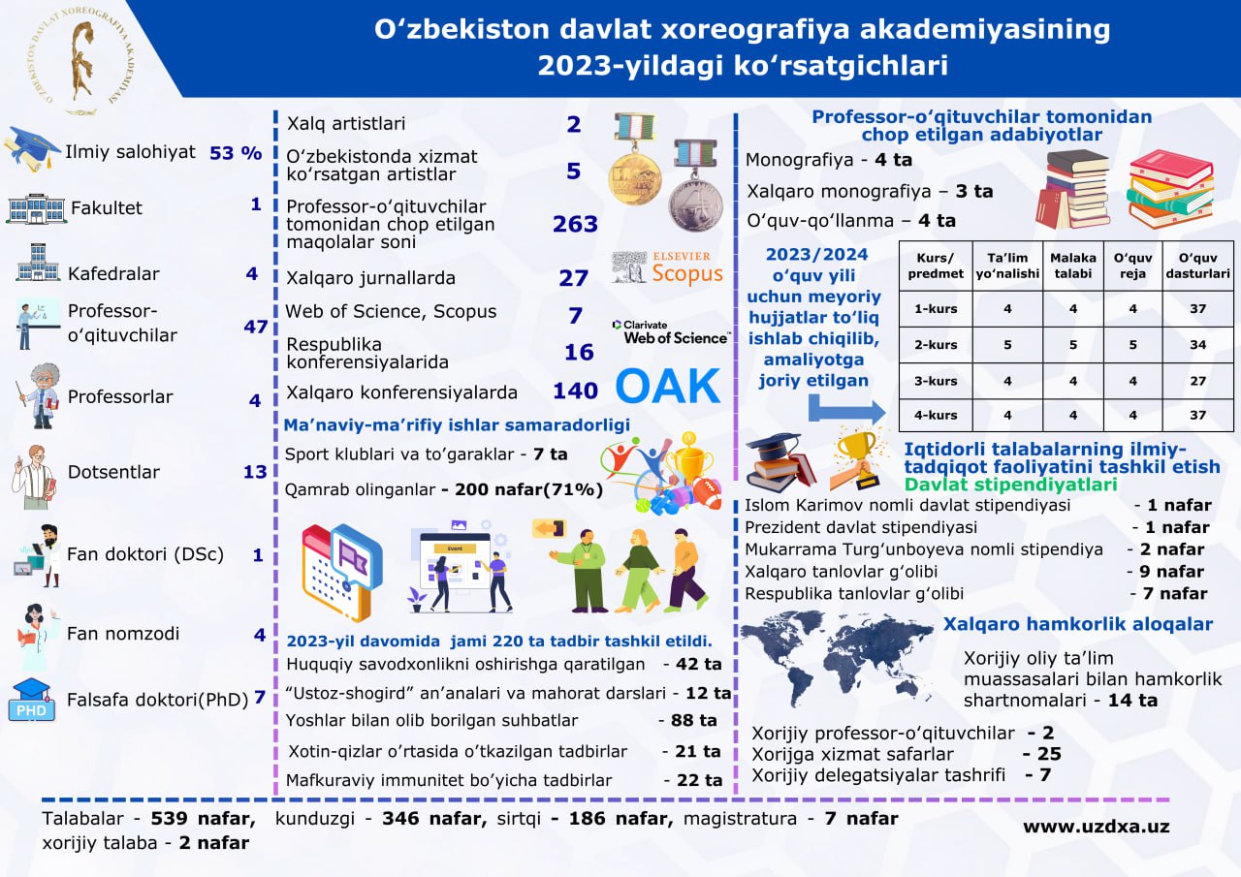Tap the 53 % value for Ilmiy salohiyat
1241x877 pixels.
click(236, 152)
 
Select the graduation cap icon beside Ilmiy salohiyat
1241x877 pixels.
click(32, 148)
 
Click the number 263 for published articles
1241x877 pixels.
click(575, 224)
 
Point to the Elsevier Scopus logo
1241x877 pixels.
click(668, 267)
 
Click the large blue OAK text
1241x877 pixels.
click(669, 386)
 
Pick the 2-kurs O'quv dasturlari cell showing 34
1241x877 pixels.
click(1197, 345)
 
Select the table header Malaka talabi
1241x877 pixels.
click(1073, 266)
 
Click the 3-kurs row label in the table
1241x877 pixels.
click(936, 381)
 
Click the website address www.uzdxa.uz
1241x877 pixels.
click(1096, 827)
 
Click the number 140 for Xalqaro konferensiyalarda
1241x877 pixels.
click(575, 392)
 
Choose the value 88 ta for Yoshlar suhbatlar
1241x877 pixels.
click(686, 720)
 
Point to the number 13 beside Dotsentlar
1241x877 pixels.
click(255, 472)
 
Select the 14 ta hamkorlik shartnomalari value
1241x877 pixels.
click(1132, 700)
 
